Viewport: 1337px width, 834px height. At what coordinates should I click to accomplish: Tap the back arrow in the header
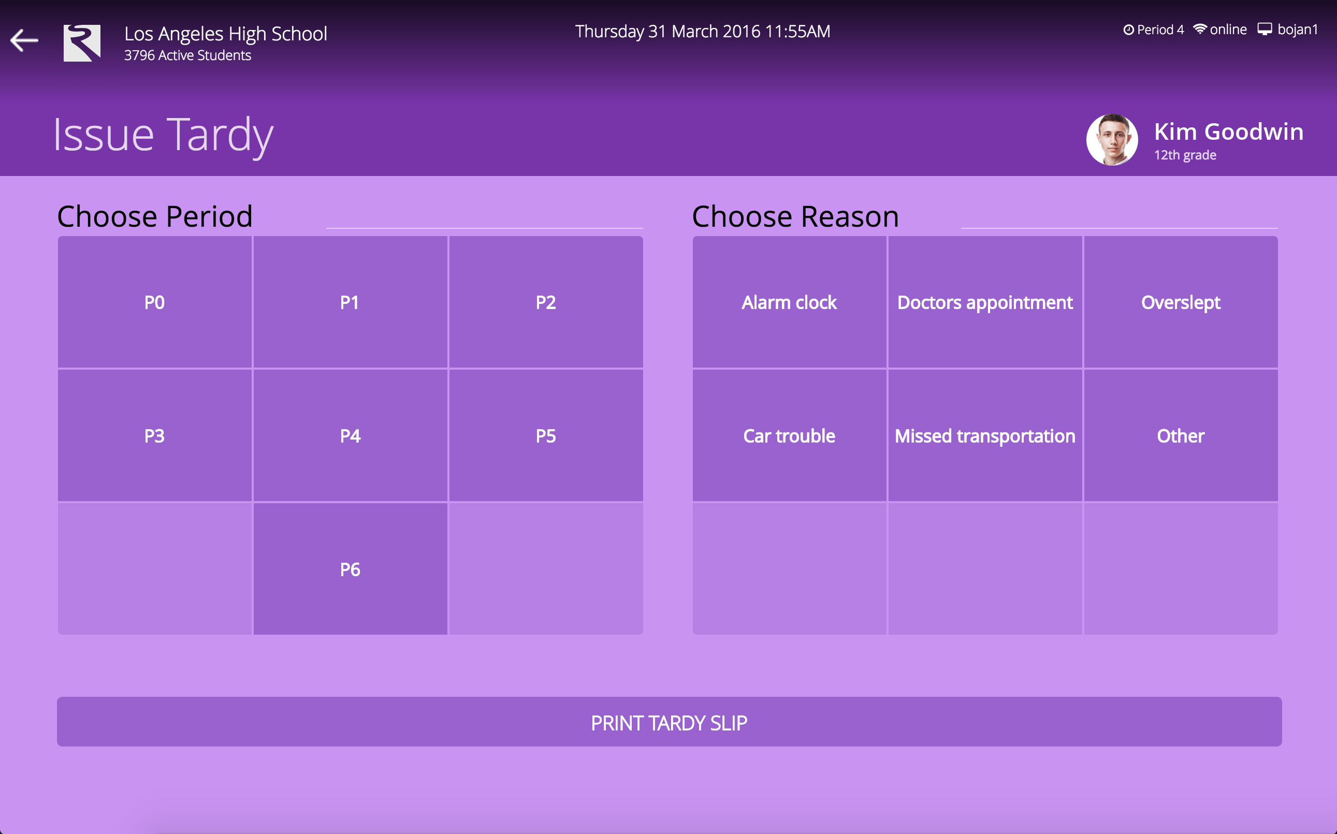(x=24, y=40)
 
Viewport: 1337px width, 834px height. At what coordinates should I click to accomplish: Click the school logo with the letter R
(x=82, y=43)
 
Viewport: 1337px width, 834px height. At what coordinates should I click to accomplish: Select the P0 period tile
(x=154, y=302)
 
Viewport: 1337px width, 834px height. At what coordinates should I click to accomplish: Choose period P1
(x=350, y=302)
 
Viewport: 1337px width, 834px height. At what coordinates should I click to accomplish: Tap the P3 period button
(x=154, y=435)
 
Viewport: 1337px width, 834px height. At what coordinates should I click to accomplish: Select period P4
(x=350, y=435)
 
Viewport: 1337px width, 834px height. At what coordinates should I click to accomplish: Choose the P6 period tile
(x=350, y=569)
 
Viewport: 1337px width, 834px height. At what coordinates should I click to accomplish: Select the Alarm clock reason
(x=789, y=302)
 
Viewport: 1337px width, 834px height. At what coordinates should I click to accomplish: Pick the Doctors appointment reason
(x=985, y=302)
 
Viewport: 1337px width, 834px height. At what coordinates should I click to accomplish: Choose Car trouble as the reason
(x=789, y=435)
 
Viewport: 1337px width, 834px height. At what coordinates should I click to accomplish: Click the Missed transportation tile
(x=985, y=435)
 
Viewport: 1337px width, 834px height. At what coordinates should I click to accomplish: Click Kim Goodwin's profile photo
(x=1112, y=140)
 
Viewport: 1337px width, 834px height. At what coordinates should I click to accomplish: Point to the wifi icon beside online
(x=1200, y=28)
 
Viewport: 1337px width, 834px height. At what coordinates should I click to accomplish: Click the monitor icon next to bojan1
(x=1265, y=29)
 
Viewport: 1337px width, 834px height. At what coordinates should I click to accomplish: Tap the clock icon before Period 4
(x=1128, y=30)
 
